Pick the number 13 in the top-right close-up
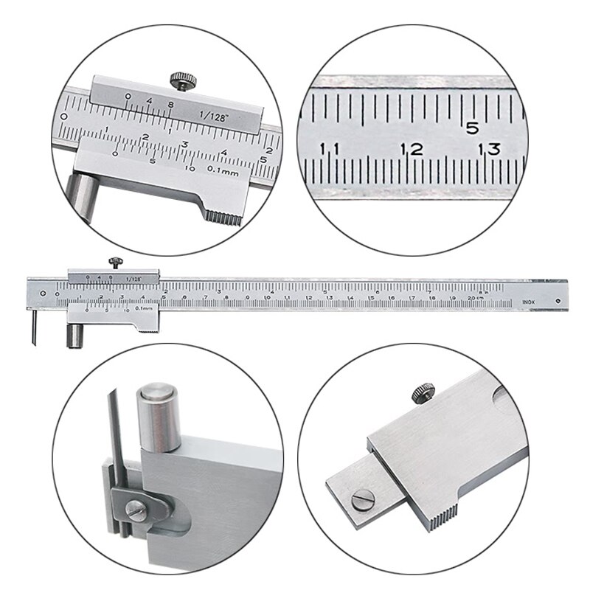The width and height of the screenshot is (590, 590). click(489, 149)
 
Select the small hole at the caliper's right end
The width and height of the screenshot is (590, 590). click(558, 302)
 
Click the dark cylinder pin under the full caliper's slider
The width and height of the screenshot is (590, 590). click(74, 336)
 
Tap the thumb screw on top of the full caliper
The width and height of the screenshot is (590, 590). click(116, 262)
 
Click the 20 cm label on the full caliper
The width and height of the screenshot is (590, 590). click(475, 296)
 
